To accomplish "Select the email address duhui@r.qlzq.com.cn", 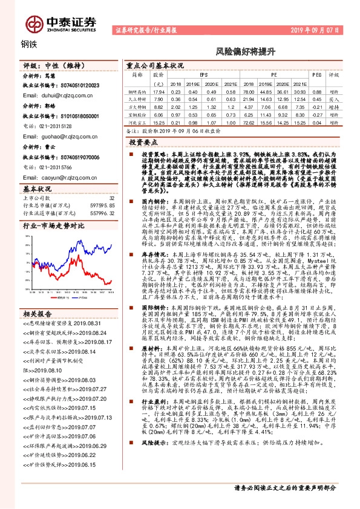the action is [54, 96].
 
